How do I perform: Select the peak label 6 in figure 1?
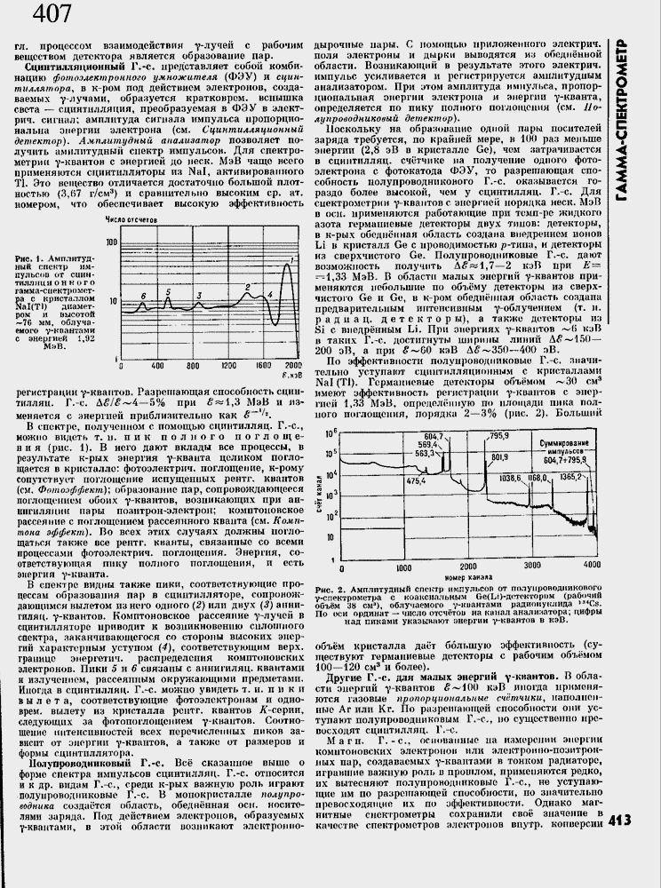[x=143, y=296]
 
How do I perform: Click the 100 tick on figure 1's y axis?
[x=111, y=242]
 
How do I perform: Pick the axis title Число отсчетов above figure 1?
[x=131, y=217]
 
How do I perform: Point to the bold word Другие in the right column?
[x=363, y=677]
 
